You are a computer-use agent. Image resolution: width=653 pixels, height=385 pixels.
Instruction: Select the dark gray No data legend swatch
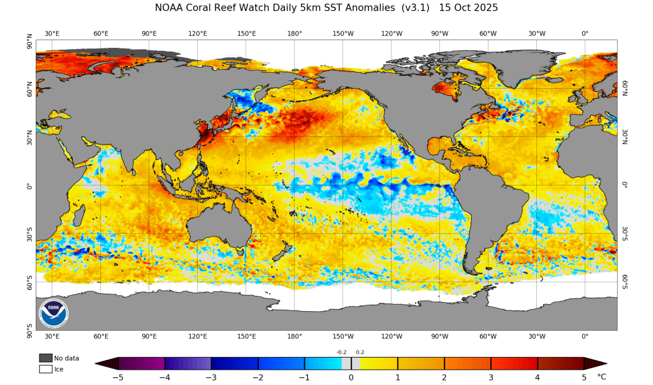(x=45, y=358)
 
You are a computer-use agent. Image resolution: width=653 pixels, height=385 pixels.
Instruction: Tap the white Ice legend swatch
(x=45, y=368)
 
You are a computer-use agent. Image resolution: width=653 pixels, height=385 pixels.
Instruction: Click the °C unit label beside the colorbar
(x=601, y=377)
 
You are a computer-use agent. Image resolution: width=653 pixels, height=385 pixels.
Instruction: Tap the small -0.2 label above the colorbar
(x=342, y=352)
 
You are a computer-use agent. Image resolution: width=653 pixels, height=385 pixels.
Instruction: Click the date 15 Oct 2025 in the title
(x=469, y=8)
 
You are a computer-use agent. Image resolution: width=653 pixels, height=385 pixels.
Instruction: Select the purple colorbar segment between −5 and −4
(x=142, y=363)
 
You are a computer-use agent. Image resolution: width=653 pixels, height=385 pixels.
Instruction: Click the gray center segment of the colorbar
(x=351, y=363)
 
